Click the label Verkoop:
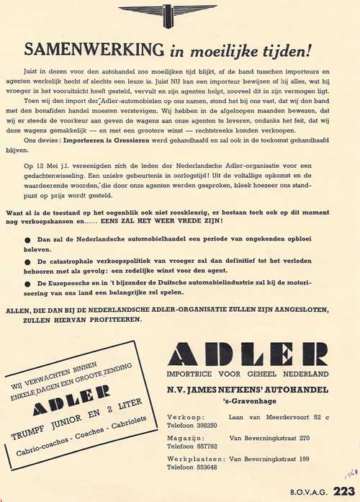click(185, 417)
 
